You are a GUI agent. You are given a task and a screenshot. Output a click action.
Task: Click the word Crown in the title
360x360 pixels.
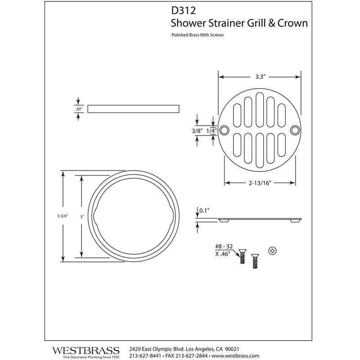[292, 23]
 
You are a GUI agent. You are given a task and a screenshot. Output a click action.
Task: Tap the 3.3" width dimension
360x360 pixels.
[259, 76]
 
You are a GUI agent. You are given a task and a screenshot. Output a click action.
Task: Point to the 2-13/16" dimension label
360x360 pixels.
[260, 183]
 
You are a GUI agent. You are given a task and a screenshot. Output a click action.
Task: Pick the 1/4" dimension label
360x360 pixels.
[212, 130]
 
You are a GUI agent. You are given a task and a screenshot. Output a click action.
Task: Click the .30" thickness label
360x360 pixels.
[79, 108]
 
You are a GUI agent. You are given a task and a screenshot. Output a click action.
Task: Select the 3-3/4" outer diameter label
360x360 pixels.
[57, 216]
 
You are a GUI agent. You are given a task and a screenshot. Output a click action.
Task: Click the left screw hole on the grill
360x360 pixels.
[225, 130]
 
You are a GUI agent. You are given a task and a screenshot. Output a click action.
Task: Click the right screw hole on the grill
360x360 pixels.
[295, 130]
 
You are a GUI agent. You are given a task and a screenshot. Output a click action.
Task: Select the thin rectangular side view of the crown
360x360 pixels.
[134, 108]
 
